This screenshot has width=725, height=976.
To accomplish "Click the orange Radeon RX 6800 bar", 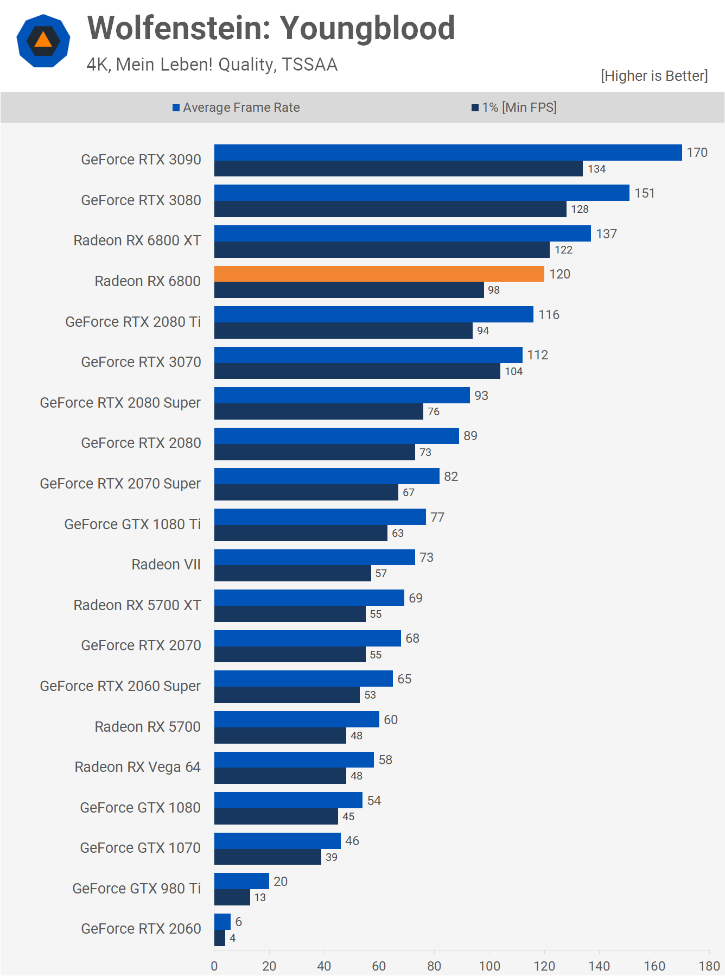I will tap(379, 274).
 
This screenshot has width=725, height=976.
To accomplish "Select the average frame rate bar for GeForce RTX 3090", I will tap(448, 153).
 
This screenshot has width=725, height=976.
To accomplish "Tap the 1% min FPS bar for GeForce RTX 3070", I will tap(357, 371).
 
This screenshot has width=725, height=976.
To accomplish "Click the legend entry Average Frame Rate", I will tap(236, 107).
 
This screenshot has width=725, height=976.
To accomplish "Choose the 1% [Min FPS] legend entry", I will tap(514, 107).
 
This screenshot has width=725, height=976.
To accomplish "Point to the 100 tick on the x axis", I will tap(489, 966).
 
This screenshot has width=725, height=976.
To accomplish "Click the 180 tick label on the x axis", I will tap(709, 966).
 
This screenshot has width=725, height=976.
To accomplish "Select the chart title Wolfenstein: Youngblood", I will tap(271, 28).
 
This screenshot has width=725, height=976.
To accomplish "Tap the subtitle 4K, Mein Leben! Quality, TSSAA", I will tap(212, 65).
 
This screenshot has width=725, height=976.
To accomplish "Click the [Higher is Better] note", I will tap(654, 76).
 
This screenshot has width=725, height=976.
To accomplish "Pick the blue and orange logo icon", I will tap(43, 41).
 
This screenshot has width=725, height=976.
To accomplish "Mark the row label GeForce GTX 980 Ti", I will tap(136, 888).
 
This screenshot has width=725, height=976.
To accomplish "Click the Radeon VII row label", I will tap(166, 565).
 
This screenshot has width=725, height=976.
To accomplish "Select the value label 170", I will tap(697, 153).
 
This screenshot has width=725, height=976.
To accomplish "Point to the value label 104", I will tap(513, 371).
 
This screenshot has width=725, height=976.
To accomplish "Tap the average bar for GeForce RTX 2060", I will tap(222, 921).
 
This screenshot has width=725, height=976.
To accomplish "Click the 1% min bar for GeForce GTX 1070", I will tap(268, 857).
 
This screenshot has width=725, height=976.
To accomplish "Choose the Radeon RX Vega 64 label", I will tap(137, 767).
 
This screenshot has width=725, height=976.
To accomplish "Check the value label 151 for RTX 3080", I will tap(644, 193).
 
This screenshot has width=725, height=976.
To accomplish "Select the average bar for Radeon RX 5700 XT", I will tap(309, 598).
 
